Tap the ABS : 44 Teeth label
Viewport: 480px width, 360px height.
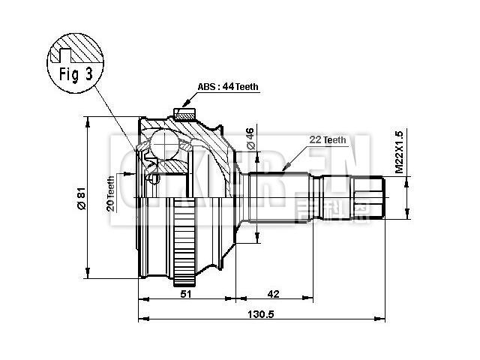click(x=228, y=86)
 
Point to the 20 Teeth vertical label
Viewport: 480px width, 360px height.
click(x=110, y=193)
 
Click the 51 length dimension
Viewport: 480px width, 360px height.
click(x=186, y=295)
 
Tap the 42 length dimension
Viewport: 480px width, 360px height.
click(x=273, y=295)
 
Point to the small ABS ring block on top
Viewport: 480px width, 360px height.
click(x=182, y=114)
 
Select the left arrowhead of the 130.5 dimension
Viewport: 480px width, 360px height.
click(x=142, y=320)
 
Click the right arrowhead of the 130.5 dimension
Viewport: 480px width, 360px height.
click(x=382, y=320)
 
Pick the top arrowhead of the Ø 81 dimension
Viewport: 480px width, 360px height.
click(x=88, y=120)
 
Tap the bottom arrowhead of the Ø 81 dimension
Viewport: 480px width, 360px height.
click(x=88, y=275)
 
